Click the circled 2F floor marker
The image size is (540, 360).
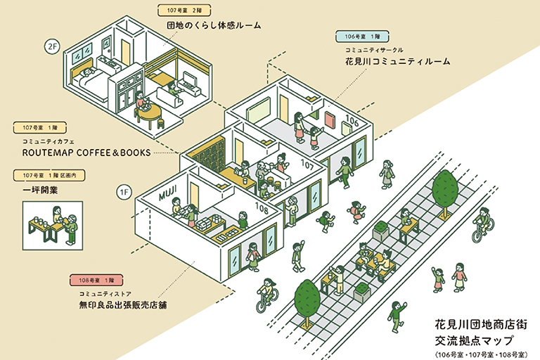(52, 47)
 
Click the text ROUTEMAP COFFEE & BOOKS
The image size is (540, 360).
(86, 152)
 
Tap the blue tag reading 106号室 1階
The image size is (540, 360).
(363, 36)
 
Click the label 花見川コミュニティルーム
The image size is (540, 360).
(397, 61)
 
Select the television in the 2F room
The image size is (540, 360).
(191, 78)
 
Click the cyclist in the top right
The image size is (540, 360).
(484, 222)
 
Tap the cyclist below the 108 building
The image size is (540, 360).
(266, 295)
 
